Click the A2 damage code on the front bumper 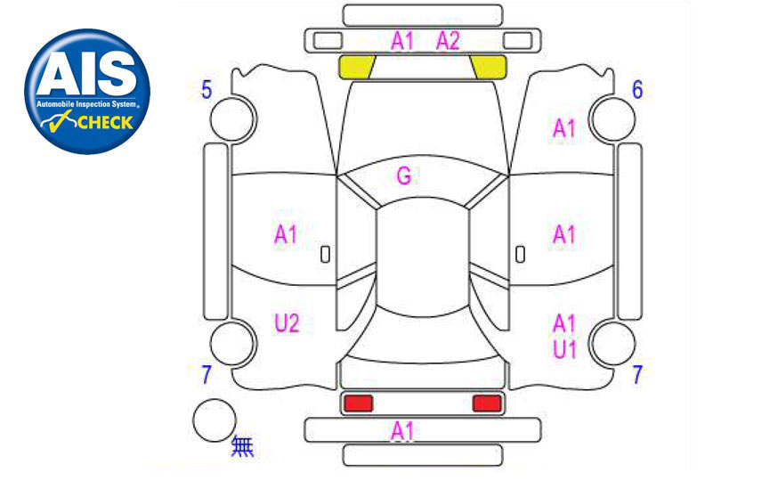[448, 41]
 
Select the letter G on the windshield [404, 175]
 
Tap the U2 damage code [287, 323]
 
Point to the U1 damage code [564, 349]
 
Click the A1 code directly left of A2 [401, 41]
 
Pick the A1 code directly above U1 [564, 323]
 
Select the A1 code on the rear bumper [401, 431]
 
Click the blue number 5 [207, 90]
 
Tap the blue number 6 [637, 90]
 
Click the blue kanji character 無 [243, 445]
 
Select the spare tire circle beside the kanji [215, 420]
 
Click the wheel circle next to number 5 [232, 119]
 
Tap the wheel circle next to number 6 [613, 119]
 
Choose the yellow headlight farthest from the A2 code [356, 67]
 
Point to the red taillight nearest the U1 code [487, 404]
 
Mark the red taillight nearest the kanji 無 [358, 404]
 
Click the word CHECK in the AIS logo [106, 123]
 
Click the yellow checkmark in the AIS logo [57, 122]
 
